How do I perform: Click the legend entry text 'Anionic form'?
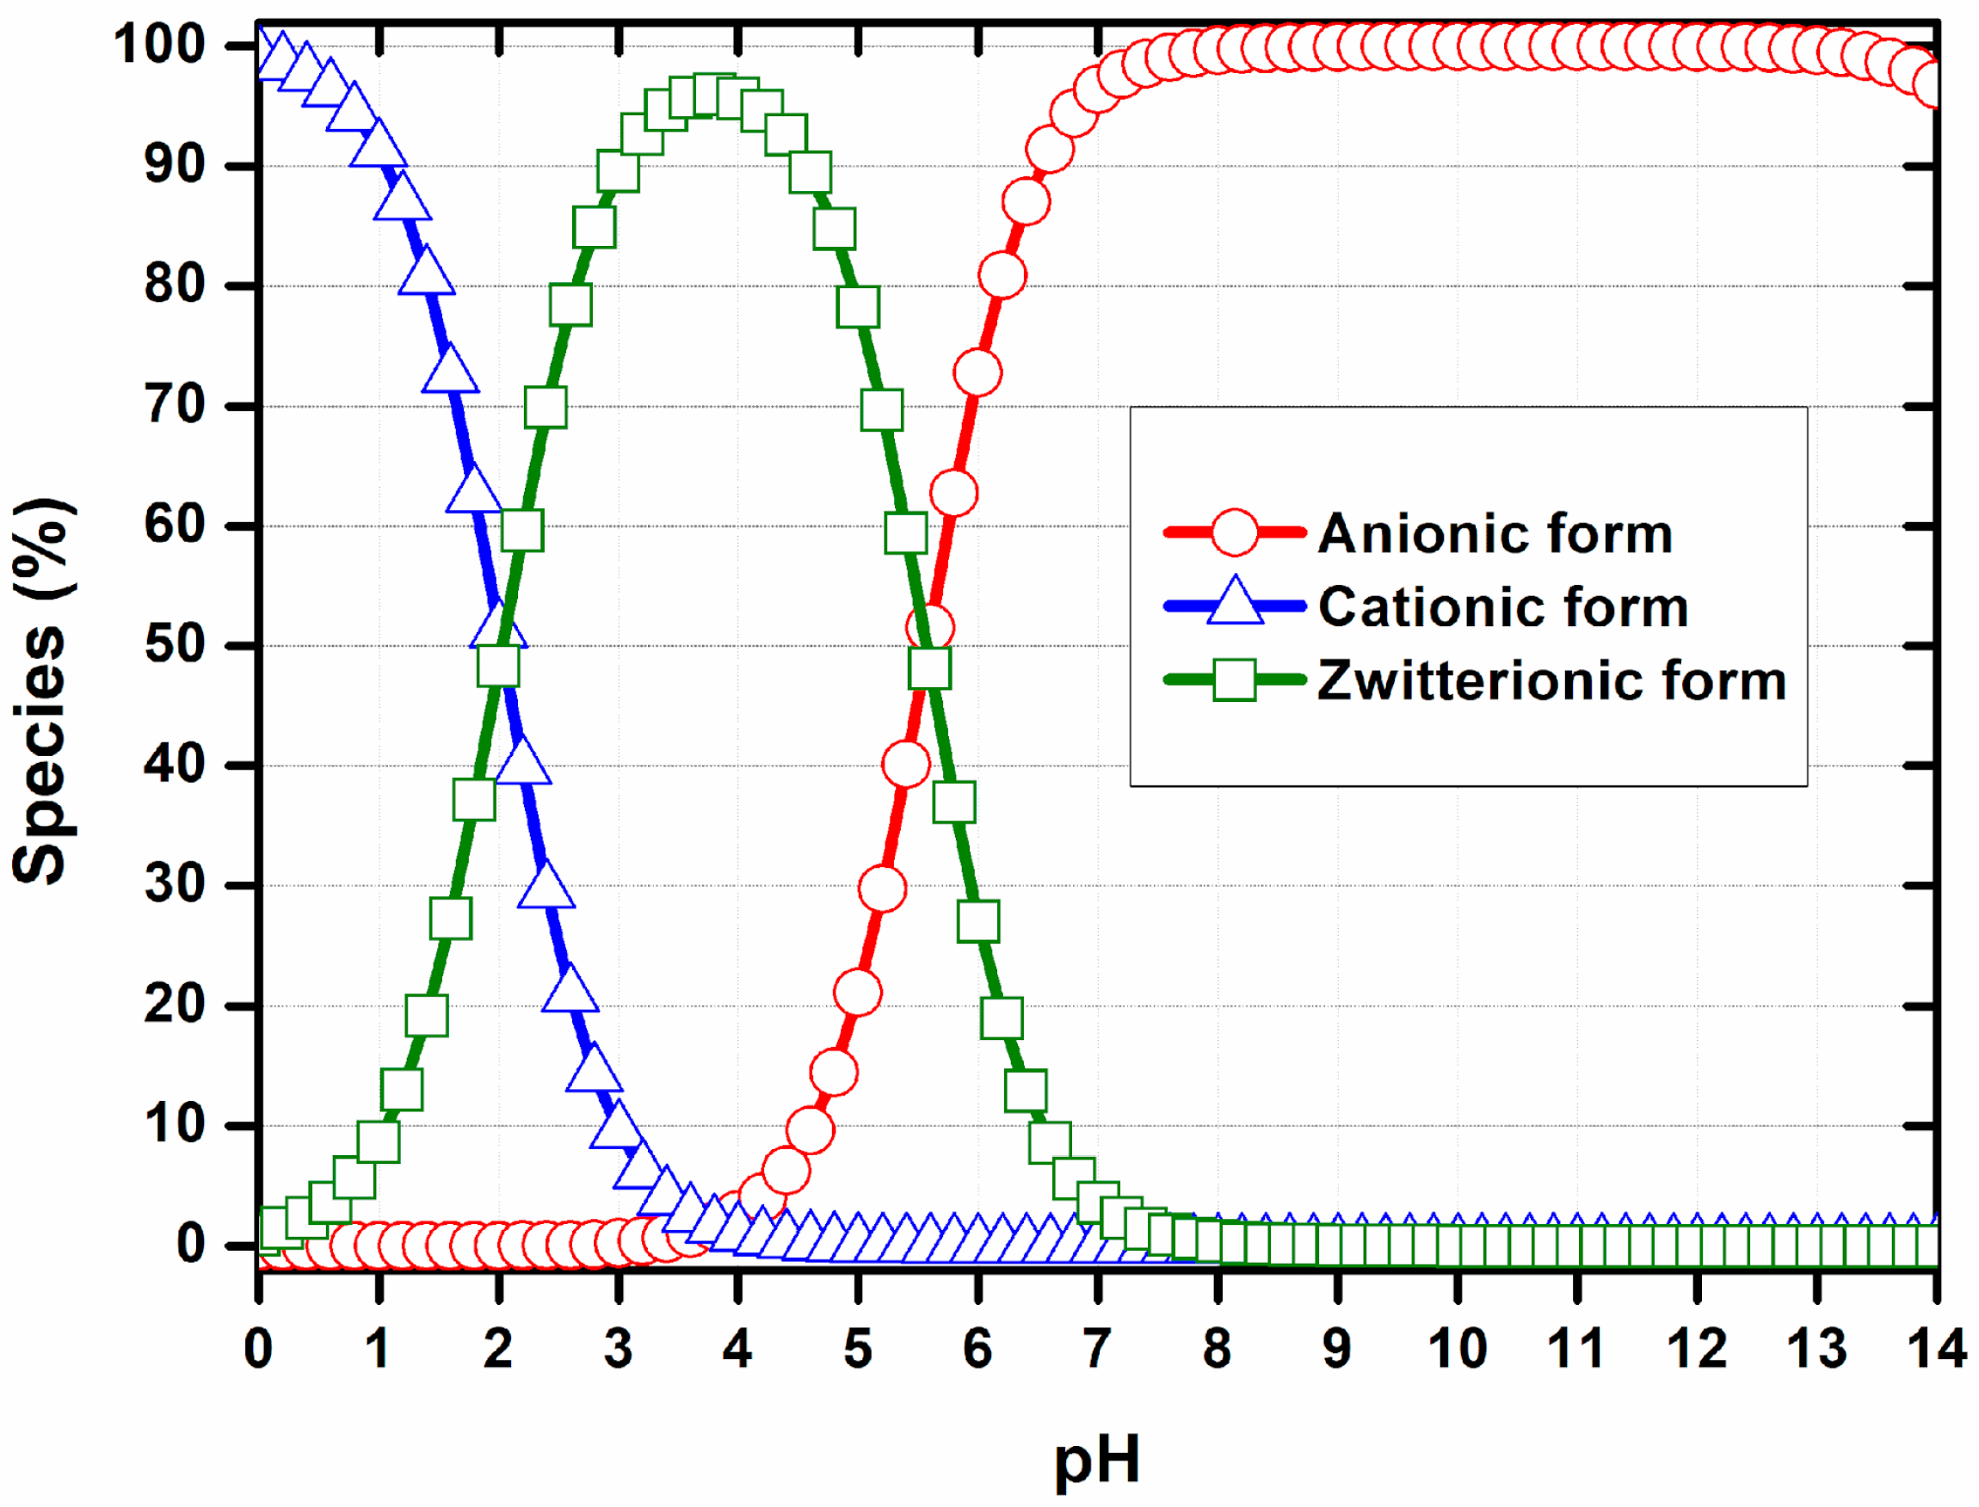(x=1495, y=535)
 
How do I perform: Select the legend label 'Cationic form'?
(x=1503, y=607)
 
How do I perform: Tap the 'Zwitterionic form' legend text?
(x=1552, y=681)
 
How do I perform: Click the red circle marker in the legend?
(x=1235, y=532)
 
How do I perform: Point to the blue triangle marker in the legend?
(x=1235, y=603)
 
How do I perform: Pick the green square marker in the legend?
(x=1235, y=680)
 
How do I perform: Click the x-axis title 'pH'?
(x=1096, y=1461)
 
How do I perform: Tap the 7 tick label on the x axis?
(x=1096, y=1348)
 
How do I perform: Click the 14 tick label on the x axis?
(x=1936, y=1348)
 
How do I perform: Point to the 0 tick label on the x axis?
(x=258, y=1348)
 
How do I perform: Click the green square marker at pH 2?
(x=498, y=667)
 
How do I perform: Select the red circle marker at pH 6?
(x=977, y=372)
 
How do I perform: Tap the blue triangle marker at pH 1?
(x=379, y=144)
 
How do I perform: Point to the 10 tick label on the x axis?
(x=1457, y=1348)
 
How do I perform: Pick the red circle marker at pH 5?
(x=858, y=993)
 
